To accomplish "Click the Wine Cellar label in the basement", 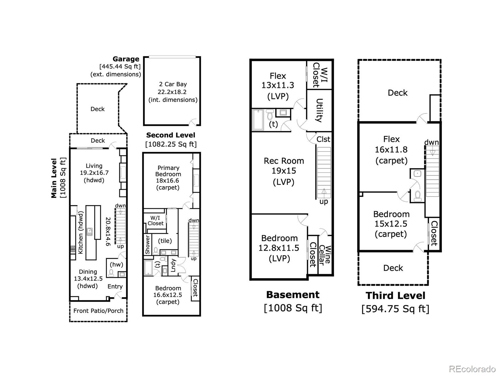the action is click(x=324, y=255).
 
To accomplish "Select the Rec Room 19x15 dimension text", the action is click(x=284, y=171).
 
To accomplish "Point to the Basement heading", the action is click(x=293, y=295).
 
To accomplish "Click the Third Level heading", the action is click(x=395, y=296).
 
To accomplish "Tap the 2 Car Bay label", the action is click(x=173, y=84).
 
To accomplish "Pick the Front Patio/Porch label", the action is click(x=99, y=311).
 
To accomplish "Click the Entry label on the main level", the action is click(x=115, y=287).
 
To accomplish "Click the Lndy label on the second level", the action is click(x=173, y=265).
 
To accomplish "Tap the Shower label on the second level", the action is click(x=148, y=245).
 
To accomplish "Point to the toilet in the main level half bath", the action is click(x=111, y=273).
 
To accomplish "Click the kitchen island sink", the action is click(x=90, y=232).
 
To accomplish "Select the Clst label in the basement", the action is click(x=323, y=139).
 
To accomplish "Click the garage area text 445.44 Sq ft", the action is click(x=120, y=67).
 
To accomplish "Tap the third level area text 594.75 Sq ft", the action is click(x=395, y=309).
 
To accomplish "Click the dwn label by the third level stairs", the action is click(x=432, y=142).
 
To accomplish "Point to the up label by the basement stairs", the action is click(x=324, y=202).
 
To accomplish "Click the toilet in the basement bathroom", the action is click(x=270, y=115).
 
